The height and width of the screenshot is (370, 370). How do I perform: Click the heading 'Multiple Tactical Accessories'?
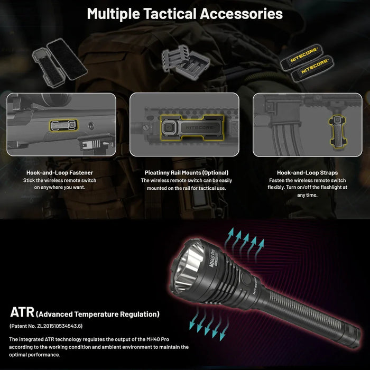click(184, 14)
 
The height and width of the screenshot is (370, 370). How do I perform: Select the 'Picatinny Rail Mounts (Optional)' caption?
click(187, 172)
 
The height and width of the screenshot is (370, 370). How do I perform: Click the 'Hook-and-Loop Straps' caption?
click(307, 172)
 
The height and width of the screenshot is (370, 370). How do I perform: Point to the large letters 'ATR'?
click(22, 312)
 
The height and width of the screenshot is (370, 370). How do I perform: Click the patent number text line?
click(45, 326)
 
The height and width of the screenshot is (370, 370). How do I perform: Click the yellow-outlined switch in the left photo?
click(63, 125)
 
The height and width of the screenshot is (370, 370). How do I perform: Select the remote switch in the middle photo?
click(186, 127)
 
